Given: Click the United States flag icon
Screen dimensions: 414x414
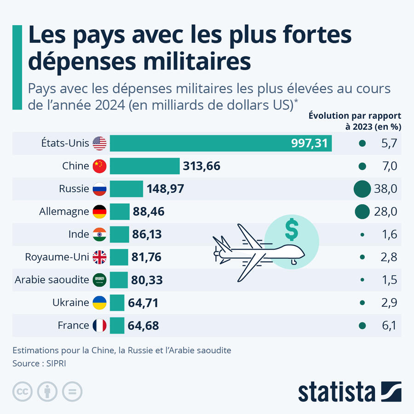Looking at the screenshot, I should pyautogui.click(x=99, y=144).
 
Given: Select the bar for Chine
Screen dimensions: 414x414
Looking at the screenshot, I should pyautogui.click(x=144, y=166).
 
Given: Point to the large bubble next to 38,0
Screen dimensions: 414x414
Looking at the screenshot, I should pyautogui.click(x=362, y=189).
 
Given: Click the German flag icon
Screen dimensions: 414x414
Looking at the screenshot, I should pyautogui.click(x=99, y=212).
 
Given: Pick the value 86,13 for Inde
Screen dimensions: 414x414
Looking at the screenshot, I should pyautogui.click(x=147, y=234).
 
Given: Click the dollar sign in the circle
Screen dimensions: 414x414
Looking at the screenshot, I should pyautogui.click(x=291, y=230).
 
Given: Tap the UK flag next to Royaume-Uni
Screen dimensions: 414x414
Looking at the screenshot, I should pyautogui.click(x=99, y=257).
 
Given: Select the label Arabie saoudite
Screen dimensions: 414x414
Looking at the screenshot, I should pyautogui.click(x=52, y=280).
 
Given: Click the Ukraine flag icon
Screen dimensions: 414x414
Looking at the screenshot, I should pyautogui.click(x=99, y=303).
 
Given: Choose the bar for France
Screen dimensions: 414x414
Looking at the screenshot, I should pyautogui.click(x=117, y=325).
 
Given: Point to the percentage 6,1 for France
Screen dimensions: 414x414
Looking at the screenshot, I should pyautogui.click(x=389, y=325).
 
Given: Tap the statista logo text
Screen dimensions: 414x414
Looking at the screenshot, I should pyautogui.click(x=336, y=392).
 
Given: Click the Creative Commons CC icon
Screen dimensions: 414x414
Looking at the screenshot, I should pyautogui.click(x=23, y=391).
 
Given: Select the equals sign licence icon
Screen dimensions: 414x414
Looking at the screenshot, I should pyautogui.click(x=72, y=391).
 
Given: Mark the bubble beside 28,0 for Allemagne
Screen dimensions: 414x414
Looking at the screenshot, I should pyautogui.click(x=362, y=212).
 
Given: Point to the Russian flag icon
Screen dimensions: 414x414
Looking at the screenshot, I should pyautogui.click(x=99, y=189).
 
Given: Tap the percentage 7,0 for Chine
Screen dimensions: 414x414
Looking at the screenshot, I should pyautogui.click(x=389, y=166).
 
